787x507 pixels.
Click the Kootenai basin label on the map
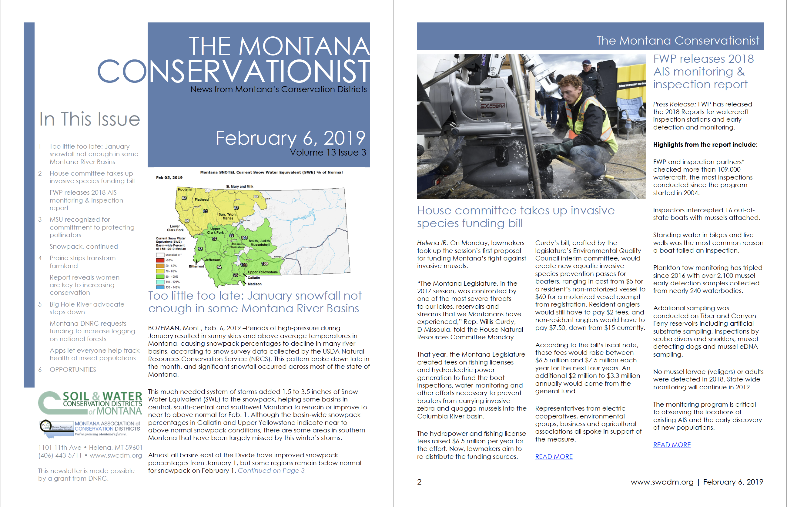coord(185,189)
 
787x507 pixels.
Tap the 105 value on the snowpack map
coord(244,238)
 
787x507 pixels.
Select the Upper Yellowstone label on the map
coord(263,272)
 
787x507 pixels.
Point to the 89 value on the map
coord(256,196)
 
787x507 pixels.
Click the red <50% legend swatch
coord(160,260)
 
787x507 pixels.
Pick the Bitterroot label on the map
coord(196,266)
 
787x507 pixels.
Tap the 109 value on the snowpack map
coord(243,265)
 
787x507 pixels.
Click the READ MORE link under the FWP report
coord(671,445)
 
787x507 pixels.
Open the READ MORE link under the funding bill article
coord(554,457)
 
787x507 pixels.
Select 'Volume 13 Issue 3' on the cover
coord(328,153)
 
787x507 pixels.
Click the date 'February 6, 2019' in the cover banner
coord(290,138)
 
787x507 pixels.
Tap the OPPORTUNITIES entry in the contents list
coord(73,369)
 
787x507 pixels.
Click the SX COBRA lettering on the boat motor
coord(492,106)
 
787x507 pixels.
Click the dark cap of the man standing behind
coord(587,62)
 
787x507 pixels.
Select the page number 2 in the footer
coord(419,482)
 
